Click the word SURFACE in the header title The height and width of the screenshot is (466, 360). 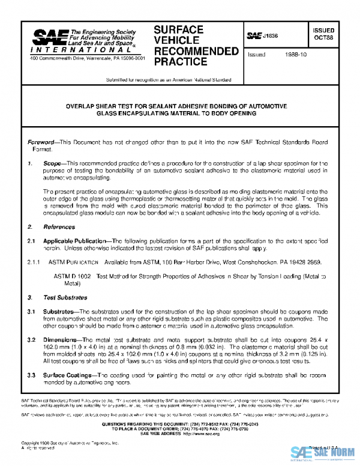point(179,29)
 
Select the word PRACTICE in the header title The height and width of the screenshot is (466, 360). point(180,62)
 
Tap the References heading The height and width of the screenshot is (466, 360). point(58,227)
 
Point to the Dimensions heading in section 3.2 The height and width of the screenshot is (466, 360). point(61,340)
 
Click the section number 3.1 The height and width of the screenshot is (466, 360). point(32,312)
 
